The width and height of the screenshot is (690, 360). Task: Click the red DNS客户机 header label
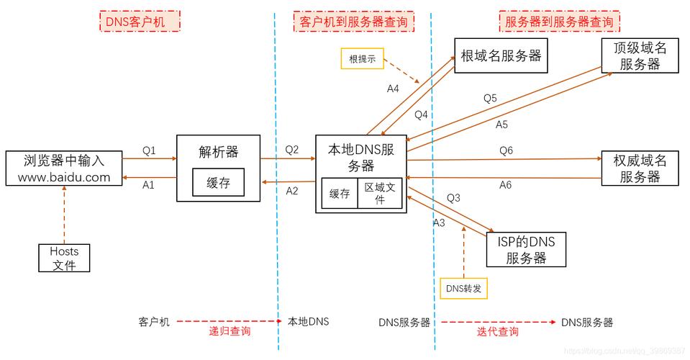click(140, 21)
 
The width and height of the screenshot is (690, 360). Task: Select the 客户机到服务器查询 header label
click(353, 22)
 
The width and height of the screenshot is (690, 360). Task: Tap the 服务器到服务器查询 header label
click(559, 22)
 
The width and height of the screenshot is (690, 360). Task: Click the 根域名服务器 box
click(500, 55)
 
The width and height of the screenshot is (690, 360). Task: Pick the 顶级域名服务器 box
click(640, 55)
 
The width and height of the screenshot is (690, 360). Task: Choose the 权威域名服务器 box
click(640, 168)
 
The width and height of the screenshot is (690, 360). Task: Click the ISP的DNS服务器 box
click(526, 249)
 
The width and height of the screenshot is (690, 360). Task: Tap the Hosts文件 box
click(64, 258)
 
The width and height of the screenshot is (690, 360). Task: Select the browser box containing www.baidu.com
click(63, 168)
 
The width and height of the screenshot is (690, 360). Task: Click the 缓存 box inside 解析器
click(218, 183)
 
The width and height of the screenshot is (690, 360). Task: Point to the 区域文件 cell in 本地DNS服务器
click(379, 193)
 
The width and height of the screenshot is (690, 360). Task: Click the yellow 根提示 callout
click(363, 59)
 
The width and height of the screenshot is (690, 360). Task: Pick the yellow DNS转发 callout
click(463, 289)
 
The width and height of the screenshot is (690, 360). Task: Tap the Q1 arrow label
click(149, 151)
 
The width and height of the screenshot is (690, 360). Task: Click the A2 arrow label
click(292, 191)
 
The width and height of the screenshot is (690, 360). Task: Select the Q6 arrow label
click(507, 150)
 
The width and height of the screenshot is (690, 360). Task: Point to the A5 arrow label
click(502, 125)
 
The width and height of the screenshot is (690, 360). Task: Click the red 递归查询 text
click(230, 332)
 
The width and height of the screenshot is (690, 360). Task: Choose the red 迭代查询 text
click(497, 332)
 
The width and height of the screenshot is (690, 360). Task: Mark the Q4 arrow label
click(421, 114)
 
